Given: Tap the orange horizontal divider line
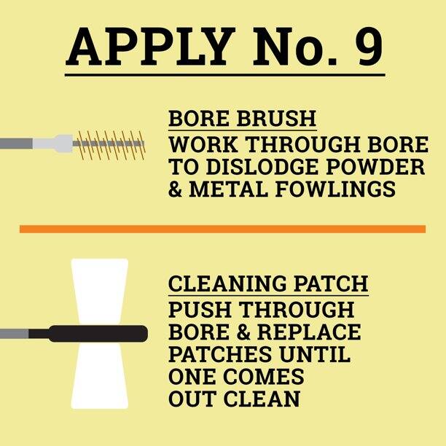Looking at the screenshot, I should coord(222,229).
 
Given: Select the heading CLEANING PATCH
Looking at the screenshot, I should coord(268,283).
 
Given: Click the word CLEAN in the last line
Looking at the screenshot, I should coord(259,399).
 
